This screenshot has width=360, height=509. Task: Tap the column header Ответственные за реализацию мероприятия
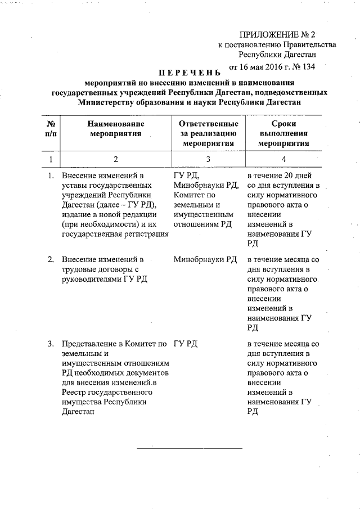[208, 133]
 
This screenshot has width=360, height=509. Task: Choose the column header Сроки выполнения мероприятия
[283, 133]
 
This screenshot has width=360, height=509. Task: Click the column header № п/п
[51, 128]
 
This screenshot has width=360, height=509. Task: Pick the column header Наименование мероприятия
[115, 128]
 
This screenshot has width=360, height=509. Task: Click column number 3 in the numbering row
[208, 159]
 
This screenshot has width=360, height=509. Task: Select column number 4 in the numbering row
[283, 159]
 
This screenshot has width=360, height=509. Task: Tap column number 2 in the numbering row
[115, 159]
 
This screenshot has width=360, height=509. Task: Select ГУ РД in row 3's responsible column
[186, 344]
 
